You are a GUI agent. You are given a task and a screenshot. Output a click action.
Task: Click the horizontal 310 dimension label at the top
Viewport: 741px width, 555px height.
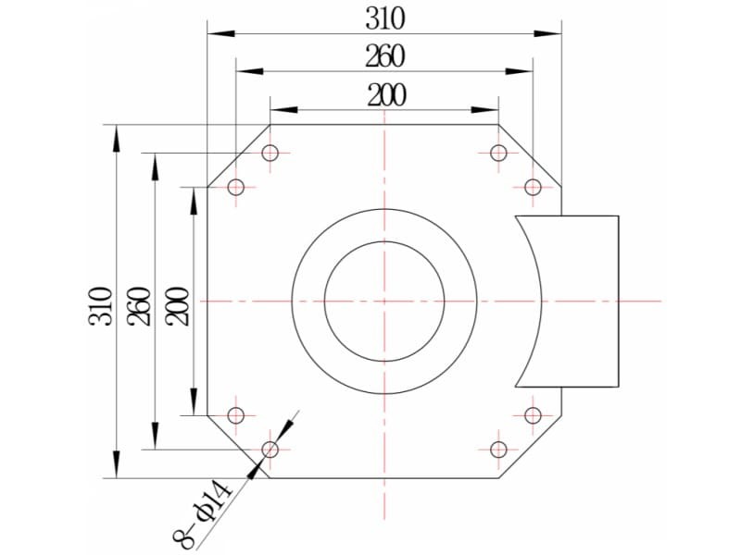(385, 19)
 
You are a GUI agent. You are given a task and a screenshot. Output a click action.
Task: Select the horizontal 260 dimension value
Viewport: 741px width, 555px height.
(385, 56)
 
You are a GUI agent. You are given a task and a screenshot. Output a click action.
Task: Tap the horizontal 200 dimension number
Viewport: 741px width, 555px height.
(386, 95)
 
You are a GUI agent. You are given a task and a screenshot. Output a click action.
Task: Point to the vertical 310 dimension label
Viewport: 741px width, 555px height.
(101, 306)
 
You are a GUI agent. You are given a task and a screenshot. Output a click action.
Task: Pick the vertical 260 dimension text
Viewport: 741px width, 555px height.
(139, 306)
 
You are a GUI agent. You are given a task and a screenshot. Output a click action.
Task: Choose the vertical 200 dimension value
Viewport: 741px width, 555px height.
(177, 306)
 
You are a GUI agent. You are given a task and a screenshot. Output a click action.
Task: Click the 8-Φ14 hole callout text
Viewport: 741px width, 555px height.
(202, 515)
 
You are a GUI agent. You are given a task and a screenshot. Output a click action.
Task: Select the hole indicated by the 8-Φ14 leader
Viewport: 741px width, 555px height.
(270, 450)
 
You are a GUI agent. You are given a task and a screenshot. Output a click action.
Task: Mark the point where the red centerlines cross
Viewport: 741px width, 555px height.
(384, 302)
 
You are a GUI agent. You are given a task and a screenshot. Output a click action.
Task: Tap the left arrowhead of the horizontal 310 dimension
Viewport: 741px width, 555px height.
(221, 33)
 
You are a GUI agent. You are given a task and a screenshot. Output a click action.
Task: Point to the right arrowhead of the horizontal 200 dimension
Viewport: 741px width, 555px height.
(484, 110)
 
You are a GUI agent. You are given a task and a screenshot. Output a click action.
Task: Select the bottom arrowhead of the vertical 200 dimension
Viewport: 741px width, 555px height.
(194, 402)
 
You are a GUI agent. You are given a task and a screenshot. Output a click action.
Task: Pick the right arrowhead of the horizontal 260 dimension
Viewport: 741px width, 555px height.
(519, 72)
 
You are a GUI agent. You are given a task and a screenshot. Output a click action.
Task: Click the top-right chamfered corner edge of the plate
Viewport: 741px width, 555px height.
(530, 155)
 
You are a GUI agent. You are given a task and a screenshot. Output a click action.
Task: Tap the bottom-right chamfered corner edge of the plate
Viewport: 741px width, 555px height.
(530, 447)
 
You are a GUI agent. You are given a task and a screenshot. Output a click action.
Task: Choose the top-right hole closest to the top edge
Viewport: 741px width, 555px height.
(498, 153)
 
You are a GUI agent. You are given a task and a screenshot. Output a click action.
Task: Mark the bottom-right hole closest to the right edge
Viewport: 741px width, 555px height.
(534, 415)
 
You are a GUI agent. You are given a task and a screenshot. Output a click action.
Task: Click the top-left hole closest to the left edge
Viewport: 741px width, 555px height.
(236, 188)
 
